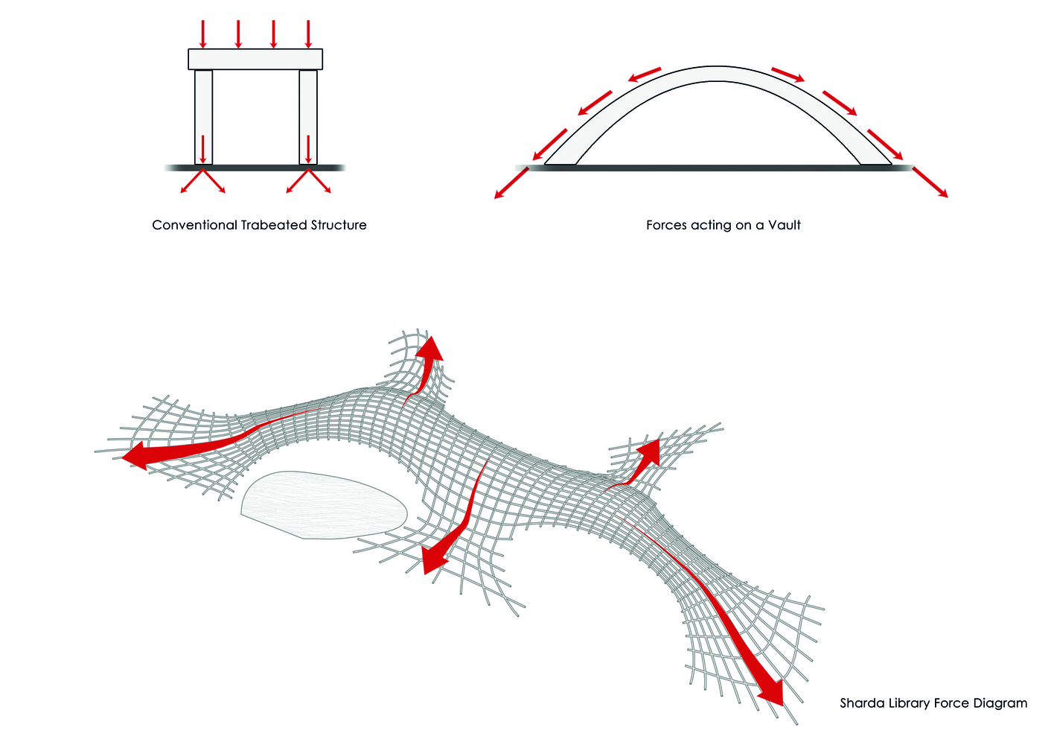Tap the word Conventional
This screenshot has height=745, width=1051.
pos(194,225)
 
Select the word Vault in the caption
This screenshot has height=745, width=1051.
pos(784,225)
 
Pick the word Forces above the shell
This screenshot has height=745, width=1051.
pos(666,225)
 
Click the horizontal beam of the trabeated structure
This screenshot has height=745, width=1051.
pos(255,60)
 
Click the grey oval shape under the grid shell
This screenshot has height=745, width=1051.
pos(325,504)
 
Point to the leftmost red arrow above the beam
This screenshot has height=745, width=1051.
pos(203,34)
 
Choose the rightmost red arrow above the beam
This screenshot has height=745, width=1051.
pos(308,34)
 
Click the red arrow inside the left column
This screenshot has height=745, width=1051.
pos(203,149)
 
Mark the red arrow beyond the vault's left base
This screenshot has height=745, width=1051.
pos(511,183)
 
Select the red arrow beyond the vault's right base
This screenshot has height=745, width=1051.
pos(930,183)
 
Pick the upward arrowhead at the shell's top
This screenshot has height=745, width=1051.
pos(430,349)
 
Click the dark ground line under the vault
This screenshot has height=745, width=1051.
pos(715,168)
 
